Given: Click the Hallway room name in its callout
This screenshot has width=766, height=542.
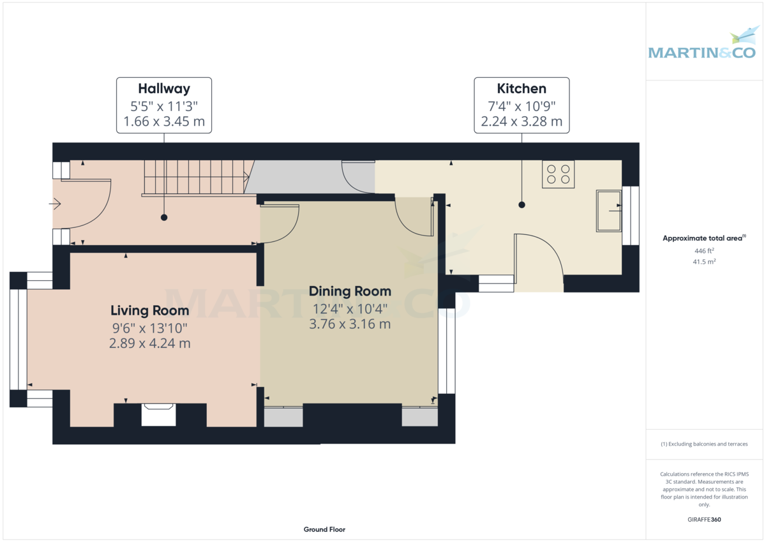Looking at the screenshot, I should pos(164,89).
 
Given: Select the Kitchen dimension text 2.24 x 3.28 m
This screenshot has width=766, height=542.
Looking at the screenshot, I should pos(522,122).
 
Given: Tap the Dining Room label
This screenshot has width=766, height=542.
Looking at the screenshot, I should pos(350,292).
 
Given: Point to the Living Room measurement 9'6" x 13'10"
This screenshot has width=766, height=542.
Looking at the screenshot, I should pos(150,328).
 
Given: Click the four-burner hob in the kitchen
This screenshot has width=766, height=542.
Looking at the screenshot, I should pos(558,174).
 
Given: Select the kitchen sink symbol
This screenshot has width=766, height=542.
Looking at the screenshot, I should pos(608,210).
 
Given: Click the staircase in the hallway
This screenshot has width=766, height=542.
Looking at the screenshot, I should pos(195,177).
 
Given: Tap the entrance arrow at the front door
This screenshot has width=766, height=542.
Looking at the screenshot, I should pos(55,204).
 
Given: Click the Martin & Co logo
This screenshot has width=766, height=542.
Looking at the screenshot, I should pos(702,46).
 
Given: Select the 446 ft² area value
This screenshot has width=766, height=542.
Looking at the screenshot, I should pos(703,251).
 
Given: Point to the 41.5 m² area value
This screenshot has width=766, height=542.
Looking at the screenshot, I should pos(703,262).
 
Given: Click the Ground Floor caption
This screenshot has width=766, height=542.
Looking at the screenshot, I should pos(324,529).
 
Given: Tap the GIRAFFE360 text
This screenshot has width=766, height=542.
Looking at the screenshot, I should pos(703,520).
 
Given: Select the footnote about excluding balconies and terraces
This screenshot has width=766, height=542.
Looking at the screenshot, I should pos(703,444).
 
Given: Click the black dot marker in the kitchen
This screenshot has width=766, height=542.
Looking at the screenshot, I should pos(522,205).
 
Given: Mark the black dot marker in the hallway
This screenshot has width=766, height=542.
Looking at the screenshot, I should pos(164,218).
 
